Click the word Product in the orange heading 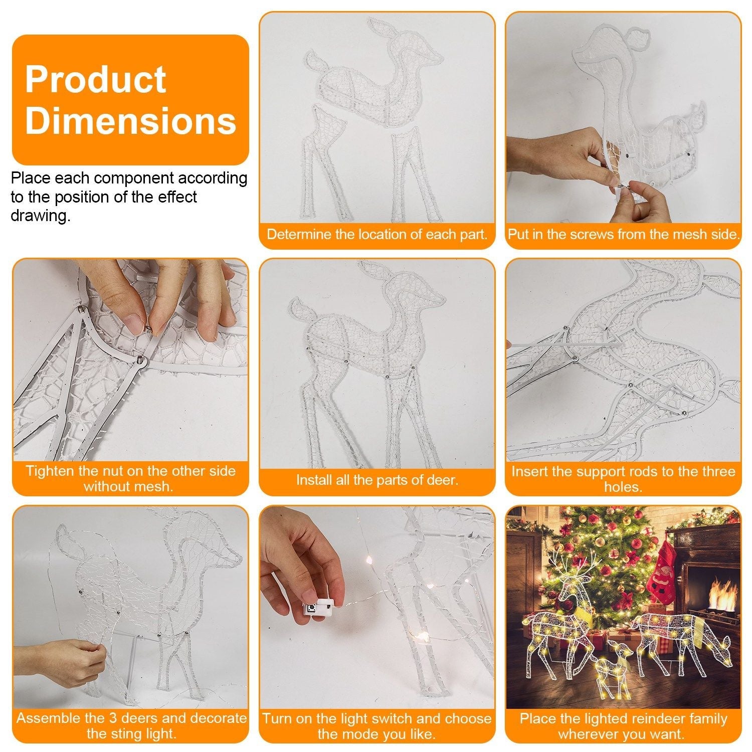pyautogui.click(x=95, y=79)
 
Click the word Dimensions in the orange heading pyautogui.click(x=130, y=120)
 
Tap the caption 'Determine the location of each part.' pyautogui.click(x=377, y=234)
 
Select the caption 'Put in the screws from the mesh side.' pyautogui.click(x=624, y=234)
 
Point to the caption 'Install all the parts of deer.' pyautogui.click(x=377, y=480)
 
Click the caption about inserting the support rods pyautogui.click(x=623, y=479)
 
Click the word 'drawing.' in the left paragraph pyautogui.click(x=40, y=216)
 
